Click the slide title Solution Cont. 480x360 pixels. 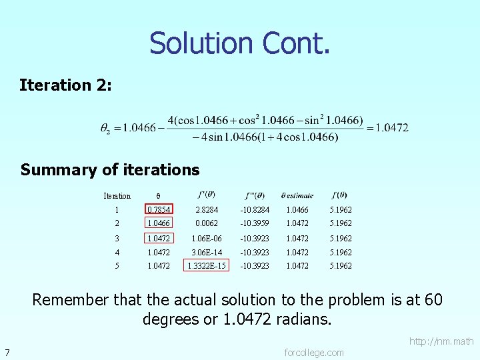[x=239, y=43]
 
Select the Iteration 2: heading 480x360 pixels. [x=66, y=85]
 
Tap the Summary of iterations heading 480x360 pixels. [x=110, y=169]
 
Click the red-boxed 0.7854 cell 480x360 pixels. [x=159, y=210]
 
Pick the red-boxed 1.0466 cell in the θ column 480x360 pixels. [x=159, y=224]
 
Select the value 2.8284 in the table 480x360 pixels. [x=207, y=210]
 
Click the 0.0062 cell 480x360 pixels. [x=207, y=224]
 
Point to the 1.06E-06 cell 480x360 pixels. [x=207, y=238]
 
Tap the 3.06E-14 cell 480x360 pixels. [x=207, y=253]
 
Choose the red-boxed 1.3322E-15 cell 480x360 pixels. [x=207, y=266]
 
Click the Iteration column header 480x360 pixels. [x=117, y=196]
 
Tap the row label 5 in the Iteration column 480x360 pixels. [x=117, y=266]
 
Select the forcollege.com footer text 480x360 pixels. [x=314, y=352]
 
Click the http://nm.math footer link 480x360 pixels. [x=441, y=341]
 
